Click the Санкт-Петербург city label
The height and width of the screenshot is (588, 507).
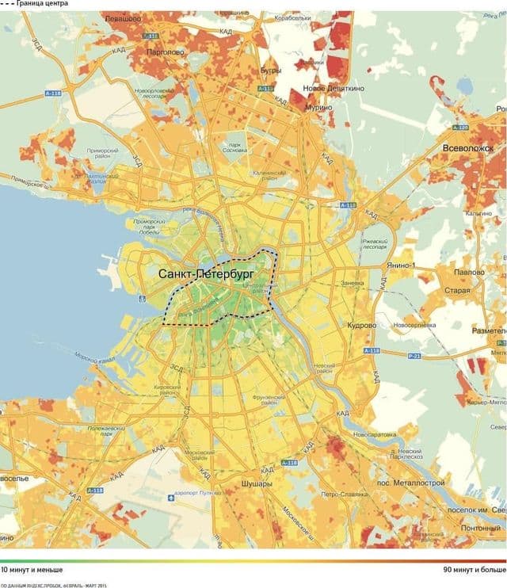205,273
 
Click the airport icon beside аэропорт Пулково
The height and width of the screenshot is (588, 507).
171,498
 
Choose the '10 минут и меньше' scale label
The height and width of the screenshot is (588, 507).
32,569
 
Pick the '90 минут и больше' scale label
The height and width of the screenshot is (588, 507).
474,569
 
